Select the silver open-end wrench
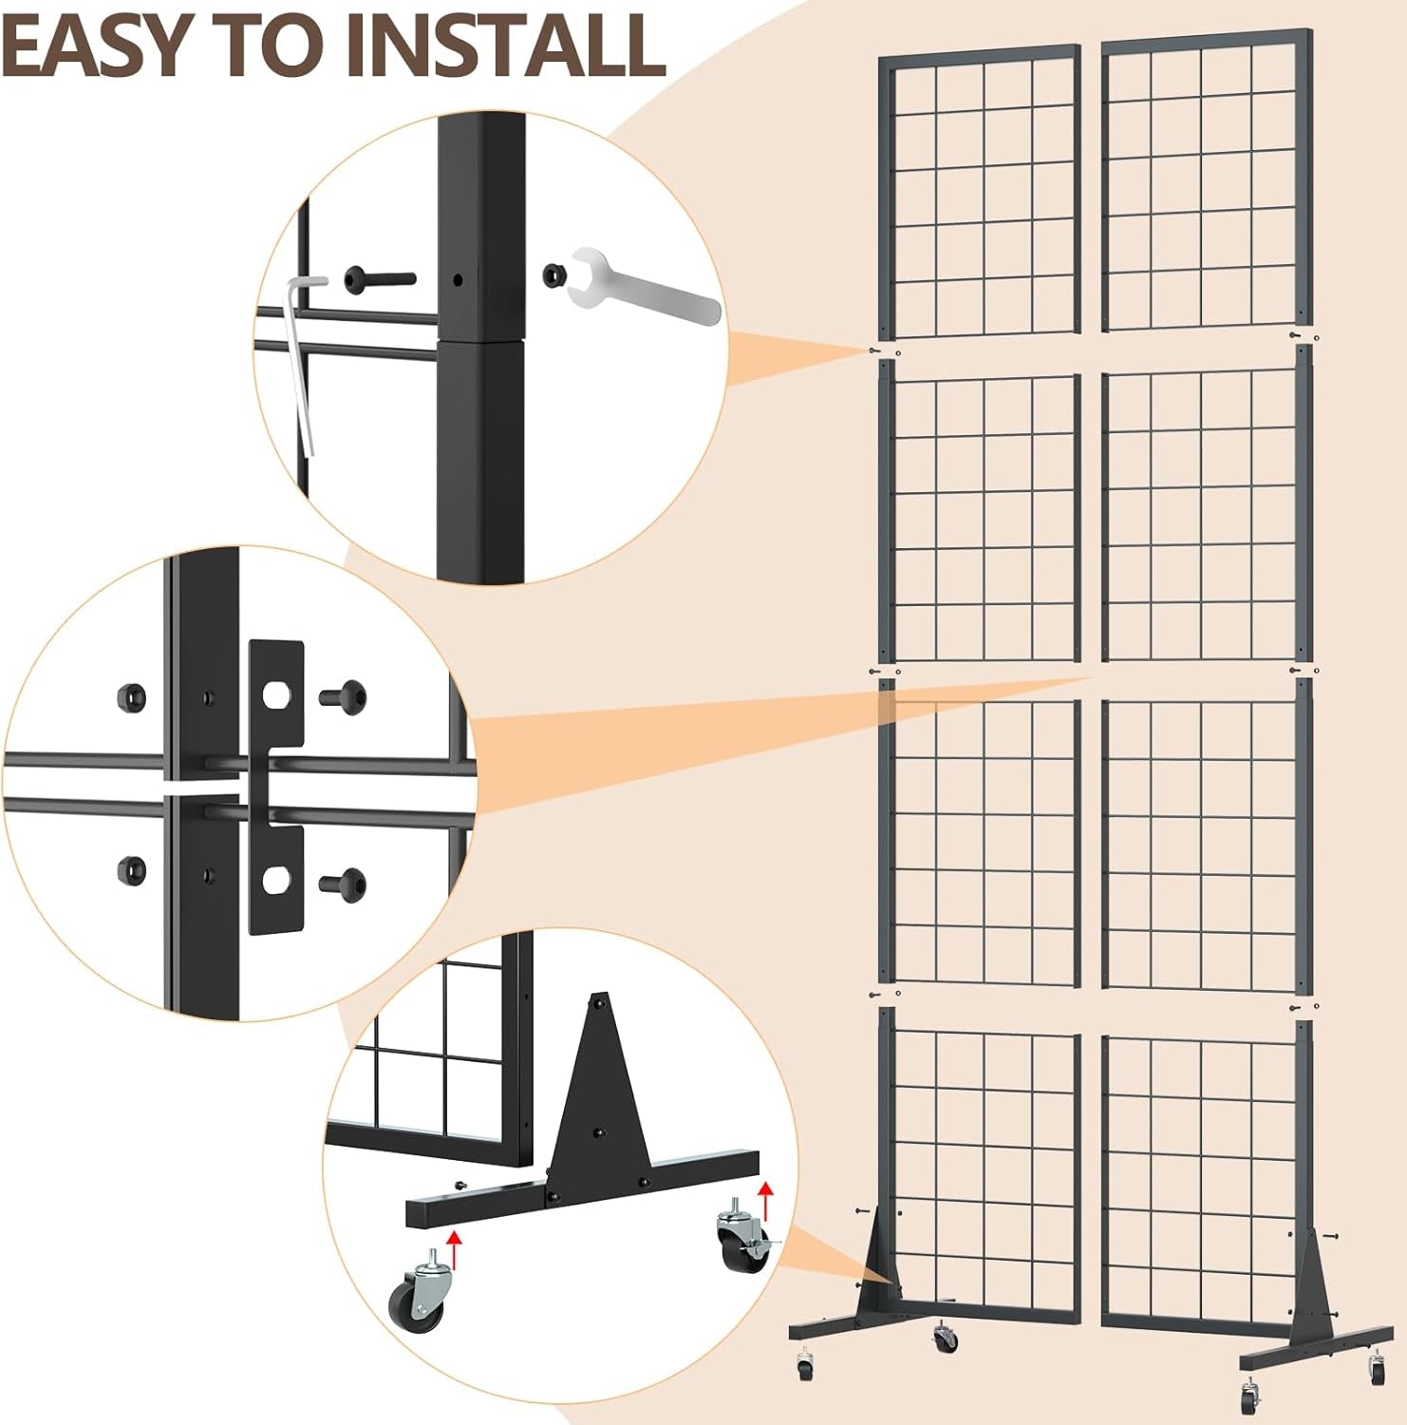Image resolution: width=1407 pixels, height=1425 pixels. (x=644, y=284)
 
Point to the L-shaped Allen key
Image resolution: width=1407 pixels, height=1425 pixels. (x=302, y=361)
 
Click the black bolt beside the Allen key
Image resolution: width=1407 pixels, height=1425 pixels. (x=380, y=279)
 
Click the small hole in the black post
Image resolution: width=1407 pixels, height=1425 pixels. (x=459, y=280)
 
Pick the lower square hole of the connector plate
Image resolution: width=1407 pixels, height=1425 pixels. (x=276, y=880)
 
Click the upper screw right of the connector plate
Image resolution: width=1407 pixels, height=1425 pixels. (x=345, y=697)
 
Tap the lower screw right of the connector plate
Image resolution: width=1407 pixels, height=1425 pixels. (x=345, y=884)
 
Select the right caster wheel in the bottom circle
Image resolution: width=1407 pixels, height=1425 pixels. (x=747, y=1236)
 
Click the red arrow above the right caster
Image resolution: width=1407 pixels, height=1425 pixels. (x=765, y=1200)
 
